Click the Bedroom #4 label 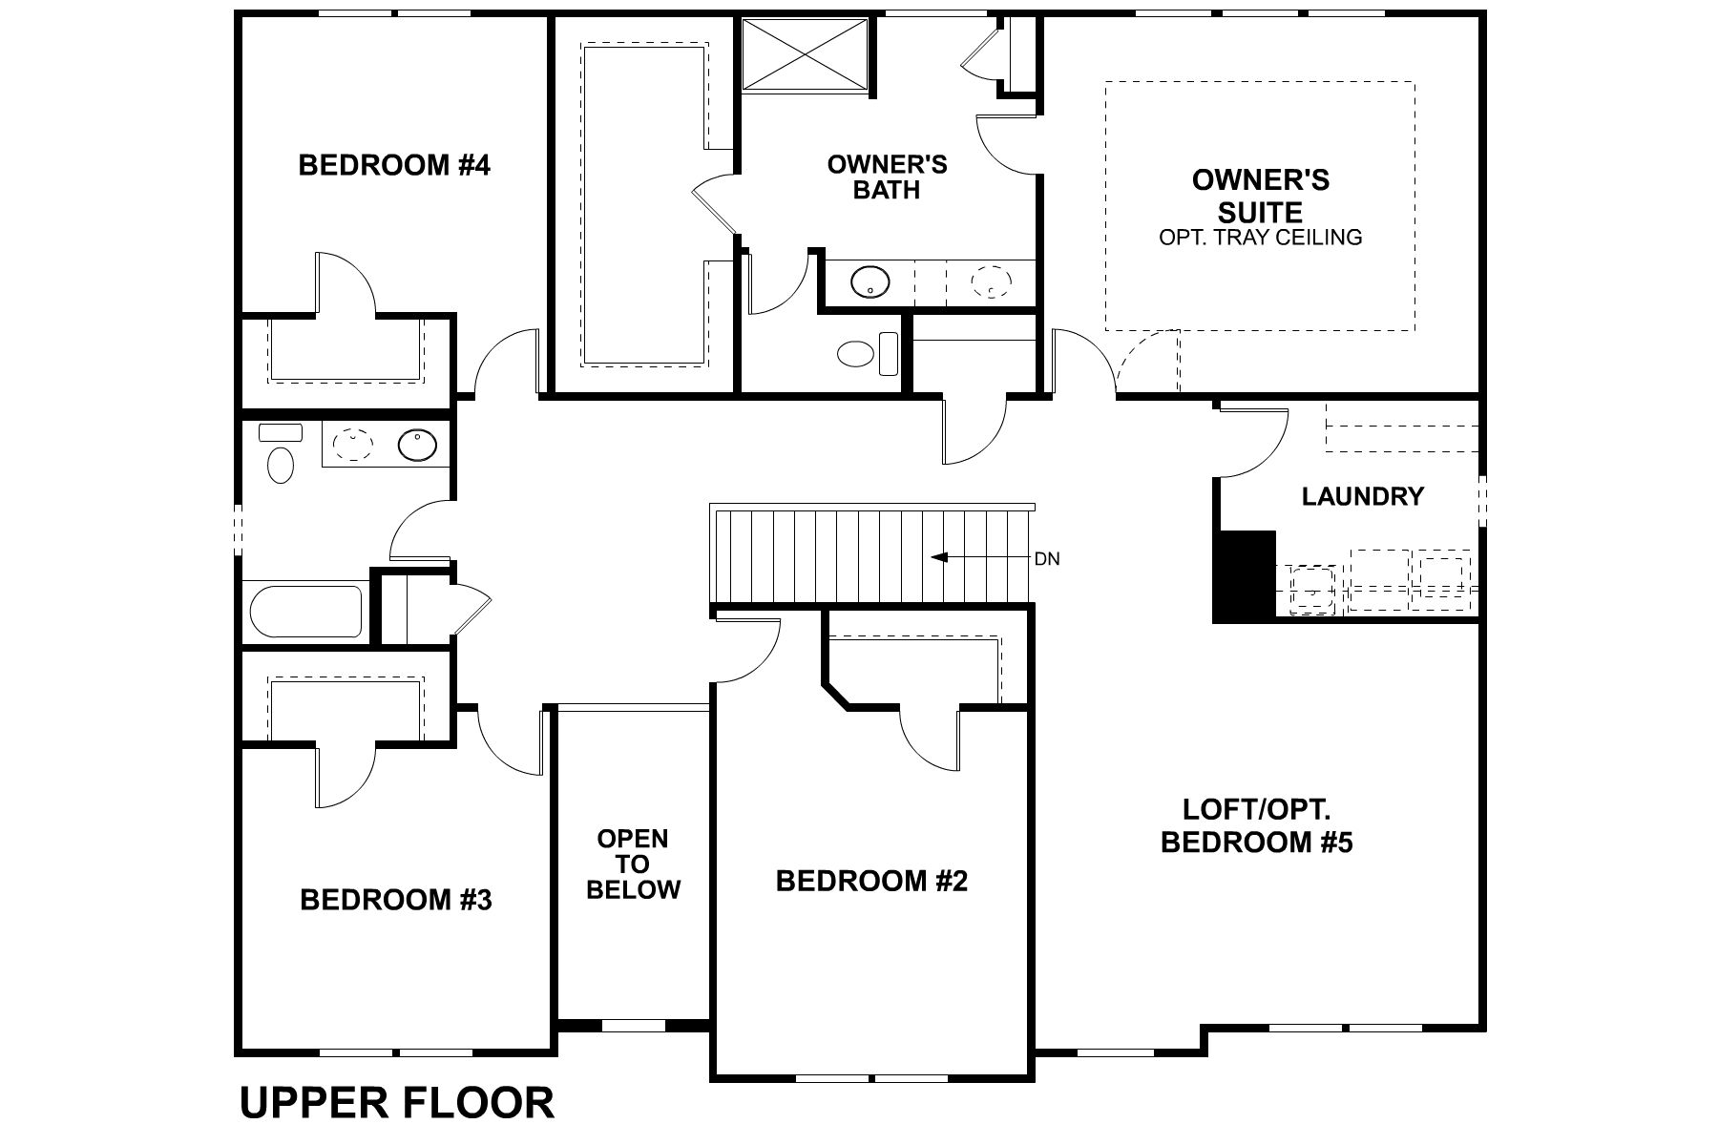(x=394, y=165)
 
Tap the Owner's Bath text (x=887, y=177)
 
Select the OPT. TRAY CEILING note (x=1260, y=238)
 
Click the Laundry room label (x=1362, y=496)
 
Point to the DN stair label (x=1047, y=559)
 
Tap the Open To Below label (x=633, y=864)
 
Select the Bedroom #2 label (x=871, y=881)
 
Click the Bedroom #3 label (x=396, y=900)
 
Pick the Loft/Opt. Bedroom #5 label (x=1256, y=826)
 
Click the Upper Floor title (x=396, y=1102)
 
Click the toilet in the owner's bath (x=857, y=354)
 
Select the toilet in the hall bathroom (x=280, y=464)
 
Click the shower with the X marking (x=806, y=56)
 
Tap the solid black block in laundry (x=1245, y=576)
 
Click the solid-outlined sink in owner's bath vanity (x=869, y=282)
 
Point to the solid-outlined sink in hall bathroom (x=417, y=445)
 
